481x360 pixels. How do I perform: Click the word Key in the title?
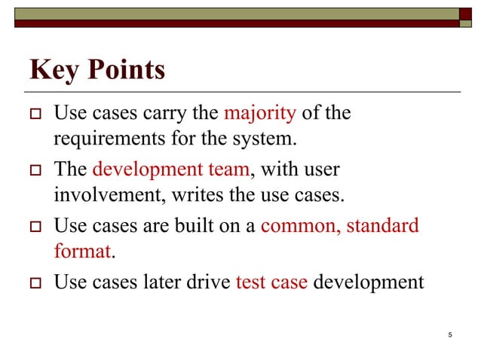coord(54,71)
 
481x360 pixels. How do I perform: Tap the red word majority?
coord(260,114)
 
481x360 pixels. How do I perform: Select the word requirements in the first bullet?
coord(110,139)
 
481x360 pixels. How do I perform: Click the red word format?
coord(82,251)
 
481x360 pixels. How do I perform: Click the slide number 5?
coord(449,334)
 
